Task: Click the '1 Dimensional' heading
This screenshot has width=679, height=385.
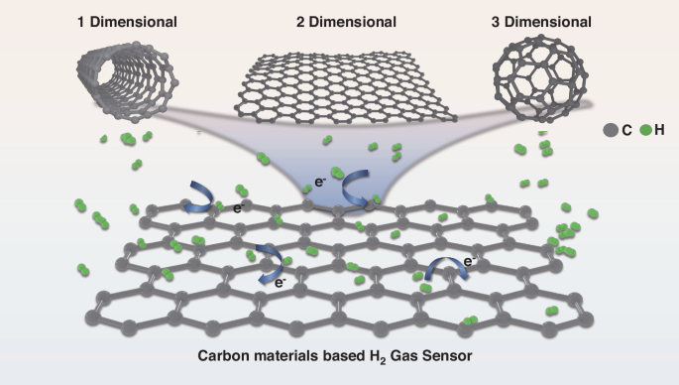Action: [127, 21]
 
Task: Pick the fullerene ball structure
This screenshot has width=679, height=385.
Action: [542, 74]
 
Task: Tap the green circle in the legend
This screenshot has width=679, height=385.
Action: [645, 129]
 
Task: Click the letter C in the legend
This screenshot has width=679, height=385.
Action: [627, 129]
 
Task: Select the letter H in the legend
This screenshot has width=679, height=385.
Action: [660, 129]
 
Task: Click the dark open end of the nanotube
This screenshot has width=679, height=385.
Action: [95, 69]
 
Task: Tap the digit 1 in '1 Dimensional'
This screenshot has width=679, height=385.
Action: [81, 21]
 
